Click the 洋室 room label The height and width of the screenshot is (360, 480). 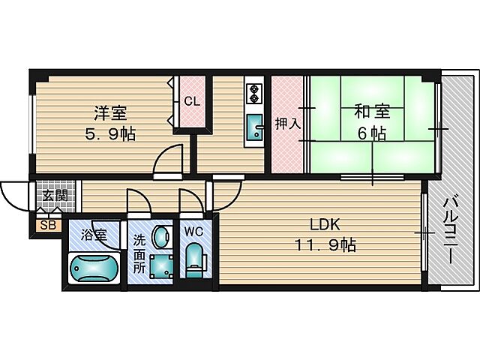coord(110,114)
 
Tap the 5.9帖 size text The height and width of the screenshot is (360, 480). coord(109,135)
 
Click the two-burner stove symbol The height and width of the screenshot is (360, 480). coord(253,91)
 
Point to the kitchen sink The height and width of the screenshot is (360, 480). coord(254,129)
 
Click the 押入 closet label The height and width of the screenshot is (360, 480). coord(286,123)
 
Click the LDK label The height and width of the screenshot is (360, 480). coord(325,224)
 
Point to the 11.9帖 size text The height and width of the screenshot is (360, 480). coord(325,244)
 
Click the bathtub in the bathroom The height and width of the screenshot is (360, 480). coord(94,267)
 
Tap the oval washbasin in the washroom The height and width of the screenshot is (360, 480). coord(160,238)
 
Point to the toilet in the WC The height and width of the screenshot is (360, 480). coord(194,258)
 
